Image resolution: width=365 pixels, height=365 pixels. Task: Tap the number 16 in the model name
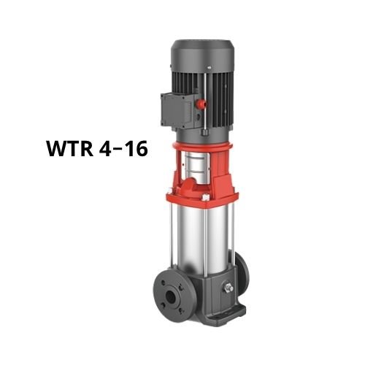tap(135, 150)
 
